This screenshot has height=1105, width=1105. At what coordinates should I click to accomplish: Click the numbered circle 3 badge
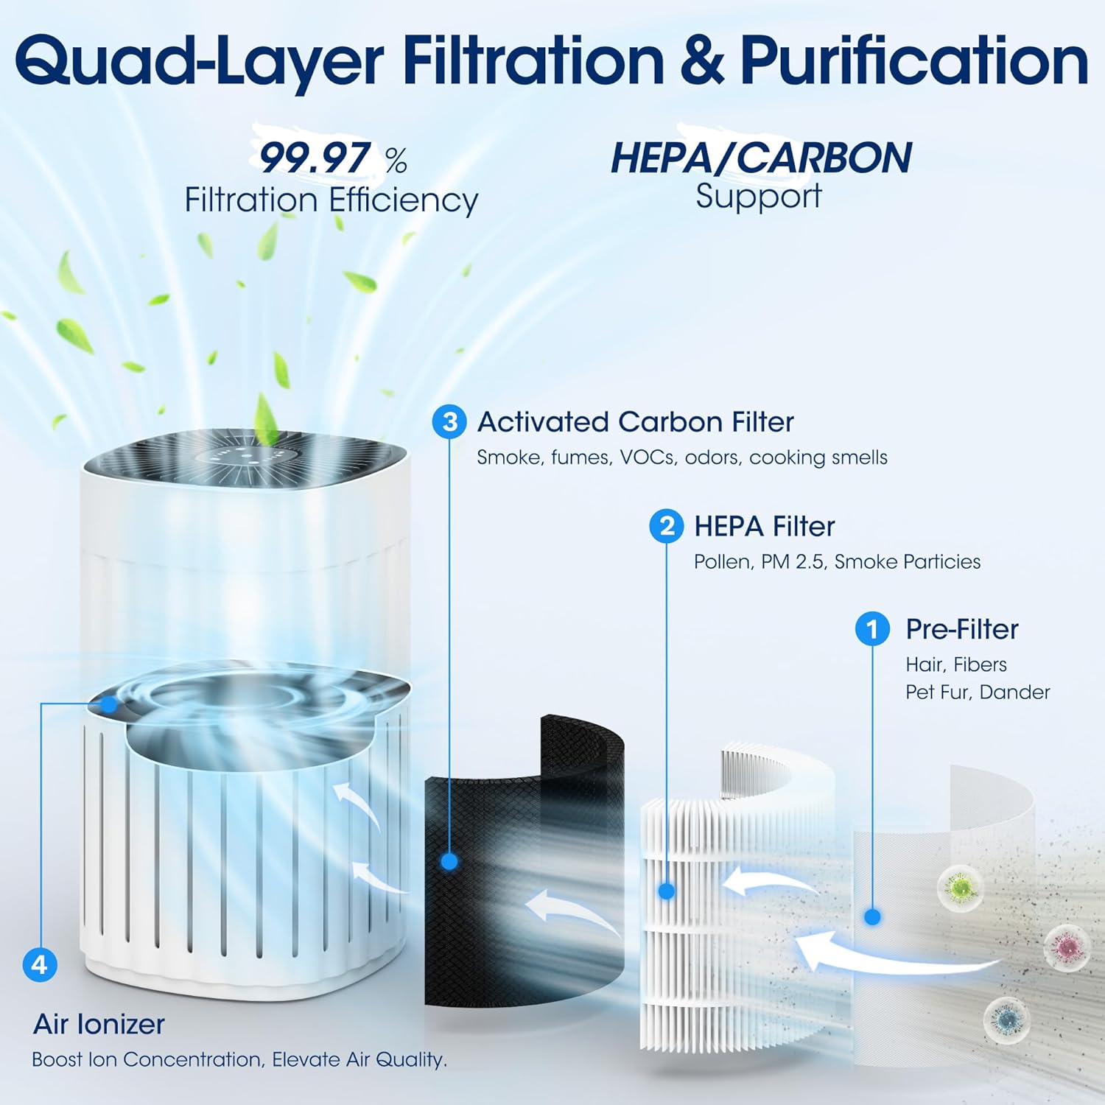coord(449,422)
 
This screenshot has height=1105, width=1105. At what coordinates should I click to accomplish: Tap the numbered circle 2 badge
coord(667,527)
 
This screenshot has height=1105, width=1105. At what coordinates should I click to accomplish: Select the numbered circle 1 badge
coord(873,629)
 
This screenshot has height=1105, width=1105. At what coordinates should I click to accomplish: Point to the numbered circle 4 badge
coord(40,964)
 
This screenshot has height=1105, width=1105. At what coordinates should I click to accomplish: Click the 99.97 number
coord(315,158)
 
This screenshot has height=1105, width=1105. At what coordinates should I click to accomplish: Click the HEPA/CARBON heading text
coord(761,158)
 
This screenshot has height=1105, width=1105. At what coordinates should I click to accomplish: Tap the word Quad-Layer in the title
coord(199,63)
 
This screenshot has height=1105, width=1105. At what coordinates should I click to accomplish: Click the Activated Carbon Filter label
coord(635,422)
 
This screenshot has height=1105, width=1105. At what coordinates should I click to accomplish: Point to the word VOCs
coord(647,457)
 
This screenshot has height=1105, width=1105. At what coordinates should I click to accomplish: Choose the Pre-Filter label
coord(962,629)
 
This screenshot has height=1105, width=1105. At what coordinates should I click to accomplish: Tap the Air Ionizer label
coord(99,1024)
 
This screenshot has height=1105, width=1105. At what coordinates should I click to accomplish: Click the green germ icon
coord(961,886)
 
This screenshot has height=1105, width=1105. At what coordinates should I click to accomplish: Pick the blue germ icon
coord(1005,1019)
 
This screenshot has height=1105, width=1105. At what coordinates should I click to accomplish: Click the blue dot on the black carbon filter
coord(449,861)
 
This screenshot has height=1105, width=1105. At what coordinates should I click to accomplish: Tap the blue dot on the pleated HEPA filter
coord(667,891)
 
